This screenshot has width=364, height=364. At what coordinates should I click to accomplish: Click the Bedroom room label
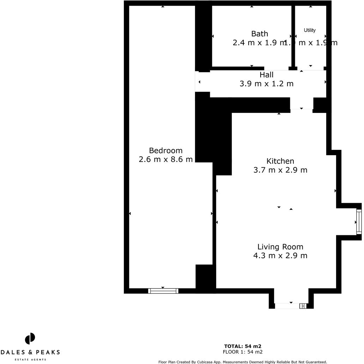click(165, 151)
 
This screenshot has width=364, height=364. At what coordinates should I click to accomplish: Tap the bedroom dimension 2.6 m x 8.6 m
click(166, 159)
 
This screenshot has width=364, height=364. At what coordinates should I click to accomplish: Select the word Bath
click(260, 34)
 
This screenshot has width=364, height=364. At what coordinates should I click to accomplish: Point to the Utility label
click(310, 30)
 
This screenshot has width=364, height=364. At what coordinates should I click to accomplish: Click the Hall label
click(266, 75)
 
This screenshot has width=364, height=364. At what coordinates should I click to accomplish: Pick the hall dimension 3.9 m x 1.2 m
click(266, 84)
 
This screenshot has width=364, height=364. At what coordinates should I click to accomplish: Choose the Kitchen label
click(280, 161)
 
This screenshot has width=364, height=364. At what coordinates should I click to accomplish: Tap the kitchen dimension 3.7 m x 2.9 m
click(280, 170)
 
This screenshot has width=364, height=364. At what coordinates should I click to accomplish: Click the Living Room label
click(280, 247)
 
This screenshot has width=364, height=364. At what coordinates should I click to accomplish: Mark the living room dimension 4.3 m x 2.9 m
click(280, 256)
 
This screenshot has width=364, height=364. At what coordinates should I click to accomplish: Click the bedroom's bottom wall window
click(163, 291)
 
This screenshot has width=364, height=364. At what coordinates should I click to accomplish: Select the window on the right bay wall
click(359, 222)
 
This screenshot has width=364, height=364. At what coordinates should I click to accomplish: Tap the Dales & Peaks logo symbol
click(30, 339)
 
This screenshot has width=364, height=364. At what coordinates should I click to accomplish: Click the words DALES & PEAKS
click(30, 352)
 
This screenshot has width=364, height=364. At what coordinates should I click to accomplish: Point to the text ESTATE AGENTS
click(30, 359)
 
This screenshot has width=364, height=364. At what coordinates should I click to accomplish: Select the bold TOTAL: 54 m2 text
click(243, 346)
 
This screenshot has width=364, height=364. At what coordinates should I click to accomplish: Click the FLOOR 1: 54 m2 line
click(243, 352)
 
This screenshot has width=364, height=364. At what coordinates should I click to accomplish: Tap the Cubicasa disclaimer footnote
click(243, 362)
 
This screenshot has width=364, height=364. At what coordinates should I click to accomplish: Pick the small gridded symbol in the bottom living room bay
click(303, 306)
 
